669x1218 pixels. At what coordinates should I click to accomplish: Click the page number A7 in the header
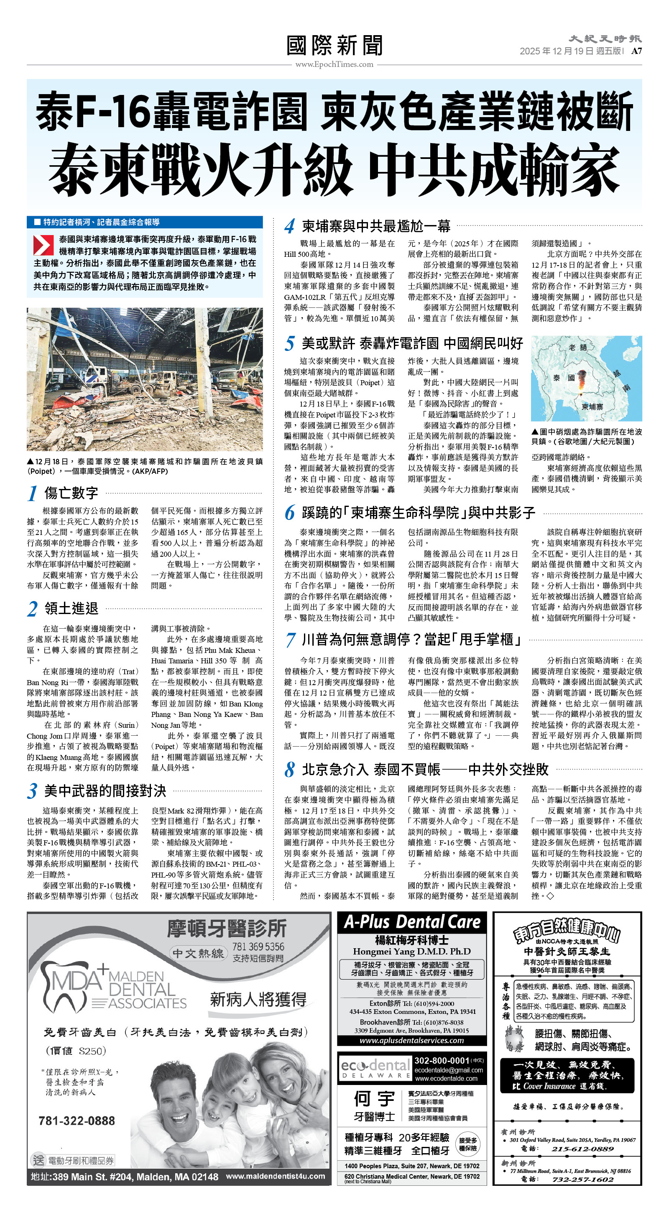point(636,51)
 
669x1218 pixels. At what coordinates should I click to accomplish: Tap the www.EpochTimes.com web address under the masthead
point(334,64)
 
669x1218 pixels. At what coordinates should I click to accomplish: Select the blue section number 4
point(289,226)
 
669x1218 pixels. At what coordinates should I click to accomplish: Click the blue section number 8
point(289,770)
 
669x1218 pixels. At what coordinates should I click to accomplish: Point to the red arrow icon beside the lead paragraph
point(43,246)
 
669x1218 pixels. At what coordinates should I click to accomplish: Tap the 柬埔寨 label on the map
point(592,407)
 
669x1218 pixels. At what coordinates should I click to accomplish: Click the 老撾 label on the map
point(577,348)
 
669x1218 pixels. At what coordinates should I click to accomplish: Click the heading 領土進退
point(71,608)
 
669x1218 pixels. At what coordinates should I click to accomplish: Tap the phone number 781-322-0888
point(77,1121)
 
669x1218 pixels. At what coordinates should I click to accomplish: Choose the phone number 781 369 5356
point(258,946)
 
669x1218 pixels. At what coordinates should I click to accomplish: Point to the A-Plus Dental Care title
point(412,922)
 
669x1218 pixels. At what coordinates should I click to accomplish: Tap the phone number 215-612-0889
point(582,1149)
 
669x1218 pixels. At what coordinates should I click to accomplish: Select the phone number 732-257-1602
point(582,1179)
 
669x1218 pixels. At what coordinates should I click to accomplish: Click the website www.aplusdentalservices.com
point(411,1040)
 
